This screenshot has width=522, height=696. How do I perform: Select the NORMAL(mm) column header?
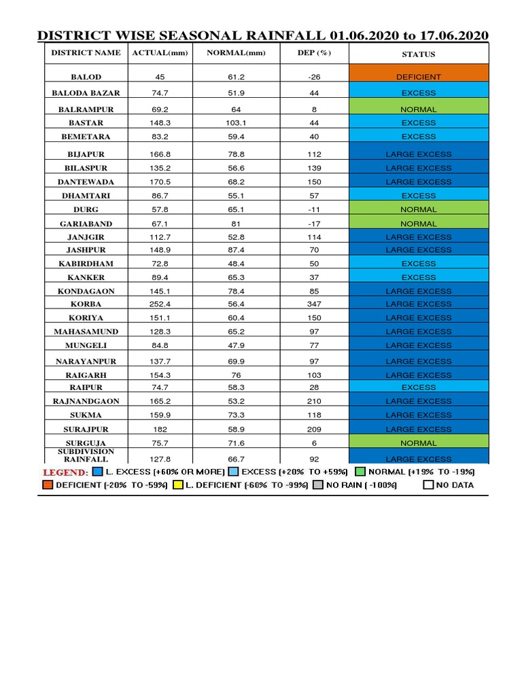[x=236, y=53]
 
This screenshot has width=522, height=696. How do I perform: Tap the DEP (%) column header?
[x=314, y=53]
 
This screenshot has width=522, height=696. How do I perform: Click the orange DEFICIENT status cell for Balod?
[x=418, y=77]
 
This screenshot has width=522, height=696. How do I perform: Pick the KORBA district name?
[x=86, y=304]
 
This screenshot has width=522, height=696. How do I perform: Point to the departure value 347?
[x=314, y=304]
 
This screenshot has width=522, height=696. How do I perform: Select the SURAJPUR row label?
[x=86, y=429]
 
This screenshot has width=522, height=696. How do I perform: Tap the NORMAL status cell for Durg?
[x=418, y=209]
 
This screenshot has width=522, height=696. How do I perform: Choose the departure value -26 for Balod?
[x=314, y=77]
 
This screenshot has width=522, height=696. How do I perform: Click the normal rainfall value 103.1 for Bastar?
[x=236, y=123]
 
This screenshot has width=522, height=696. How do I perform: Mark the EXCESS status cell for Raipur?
[x=418, y=387]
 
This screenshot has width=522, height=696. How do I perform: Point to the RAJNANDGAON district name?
[x=86, y=401]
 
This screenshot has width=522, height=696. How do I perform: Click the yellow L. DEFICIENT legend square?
[x=179, y=485]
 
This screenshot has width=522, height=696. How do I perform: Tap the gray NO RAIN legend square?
[x=318, y=485]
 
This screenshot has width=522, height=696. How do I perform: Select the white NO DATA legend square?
[x=428, y=485]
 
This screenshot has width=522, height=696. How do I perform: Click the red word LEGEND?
[x=65, y=472]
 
